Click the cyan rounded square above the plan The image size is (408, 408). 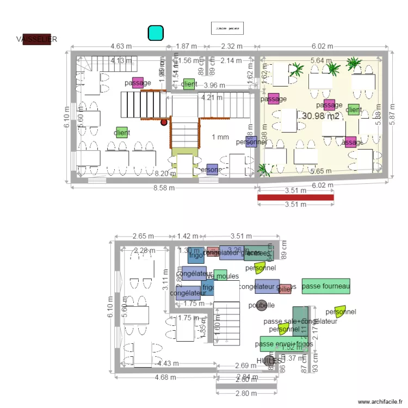[x=156, y=33]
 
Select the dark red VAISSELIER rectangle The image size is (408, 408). [x=36, y=39]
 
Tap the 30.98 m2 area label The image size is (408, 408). [x=320, y=116]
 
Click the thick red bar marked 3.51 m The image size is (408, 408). [x=295, y=197]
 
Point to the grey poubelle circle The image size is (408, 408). [x=262, y=305]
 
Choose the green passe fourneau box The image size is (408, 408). [x=326, y=286]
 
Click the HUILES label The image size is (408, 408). [x=270, y=361]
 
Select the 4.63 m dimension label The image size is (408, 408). [x=121, y=46]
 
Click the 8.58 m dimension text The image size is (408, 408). [x=164, y=188]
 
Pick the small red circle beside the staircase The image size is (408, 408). [x=163, y=122]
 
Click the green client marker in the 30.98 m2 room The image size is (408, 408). [x=354, y=109]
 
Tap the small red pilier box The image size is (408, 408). [x=285, y=289]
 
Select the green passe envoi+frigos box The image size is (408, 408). [x=283, y=344]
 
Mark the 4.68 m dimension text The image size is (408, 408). [x=165, y=377]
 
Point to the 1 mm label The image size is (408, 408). [x=220, y=137]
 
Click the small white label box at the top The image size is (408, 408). [x=227, y=27]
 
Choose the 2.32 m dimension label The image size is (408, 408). [x=232, y=46]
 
